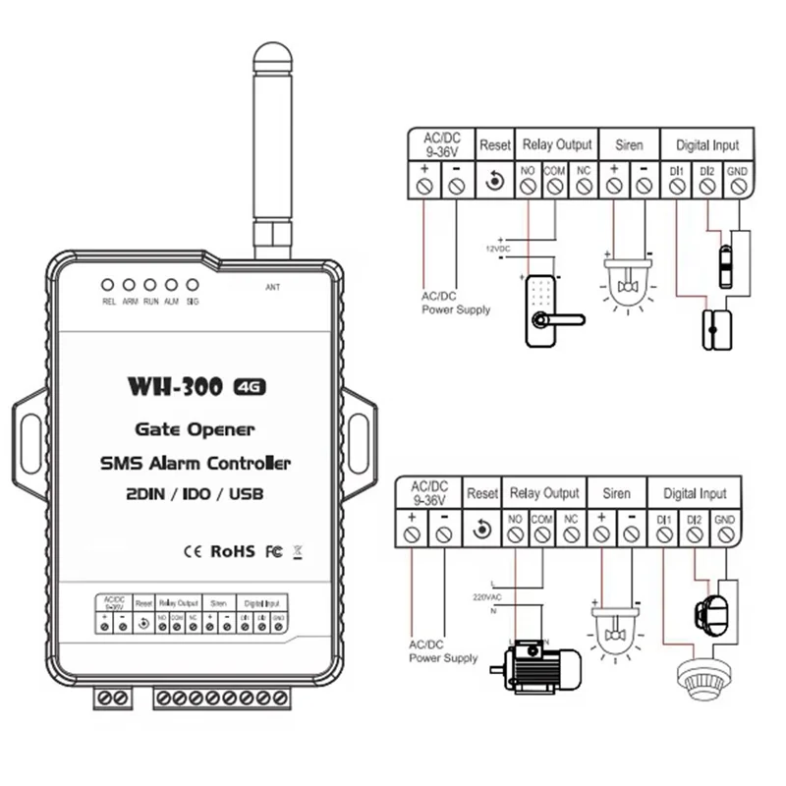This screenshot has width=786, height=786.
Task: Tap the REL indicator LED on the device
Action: [109, 286]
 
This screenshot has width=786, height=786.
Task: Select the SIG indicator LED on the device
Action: [193, 286]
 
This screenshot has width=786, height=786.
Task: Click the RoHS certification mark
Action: [233, 550]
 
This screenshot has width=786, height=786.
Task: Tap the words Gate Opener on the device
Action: [195, 429]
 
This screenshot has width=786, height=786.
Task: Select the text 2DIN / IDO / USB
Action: [195, 491]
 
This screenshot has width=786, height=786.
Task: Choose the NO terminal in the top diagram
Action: [528, 183]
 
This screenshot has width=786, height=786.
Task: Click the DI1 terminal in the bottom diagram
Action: [664, 533]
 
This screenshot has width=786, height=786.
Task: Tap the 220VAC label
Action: [486, 596]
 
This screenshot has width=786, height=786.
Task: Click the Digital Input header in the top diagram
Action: [706, 144]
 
